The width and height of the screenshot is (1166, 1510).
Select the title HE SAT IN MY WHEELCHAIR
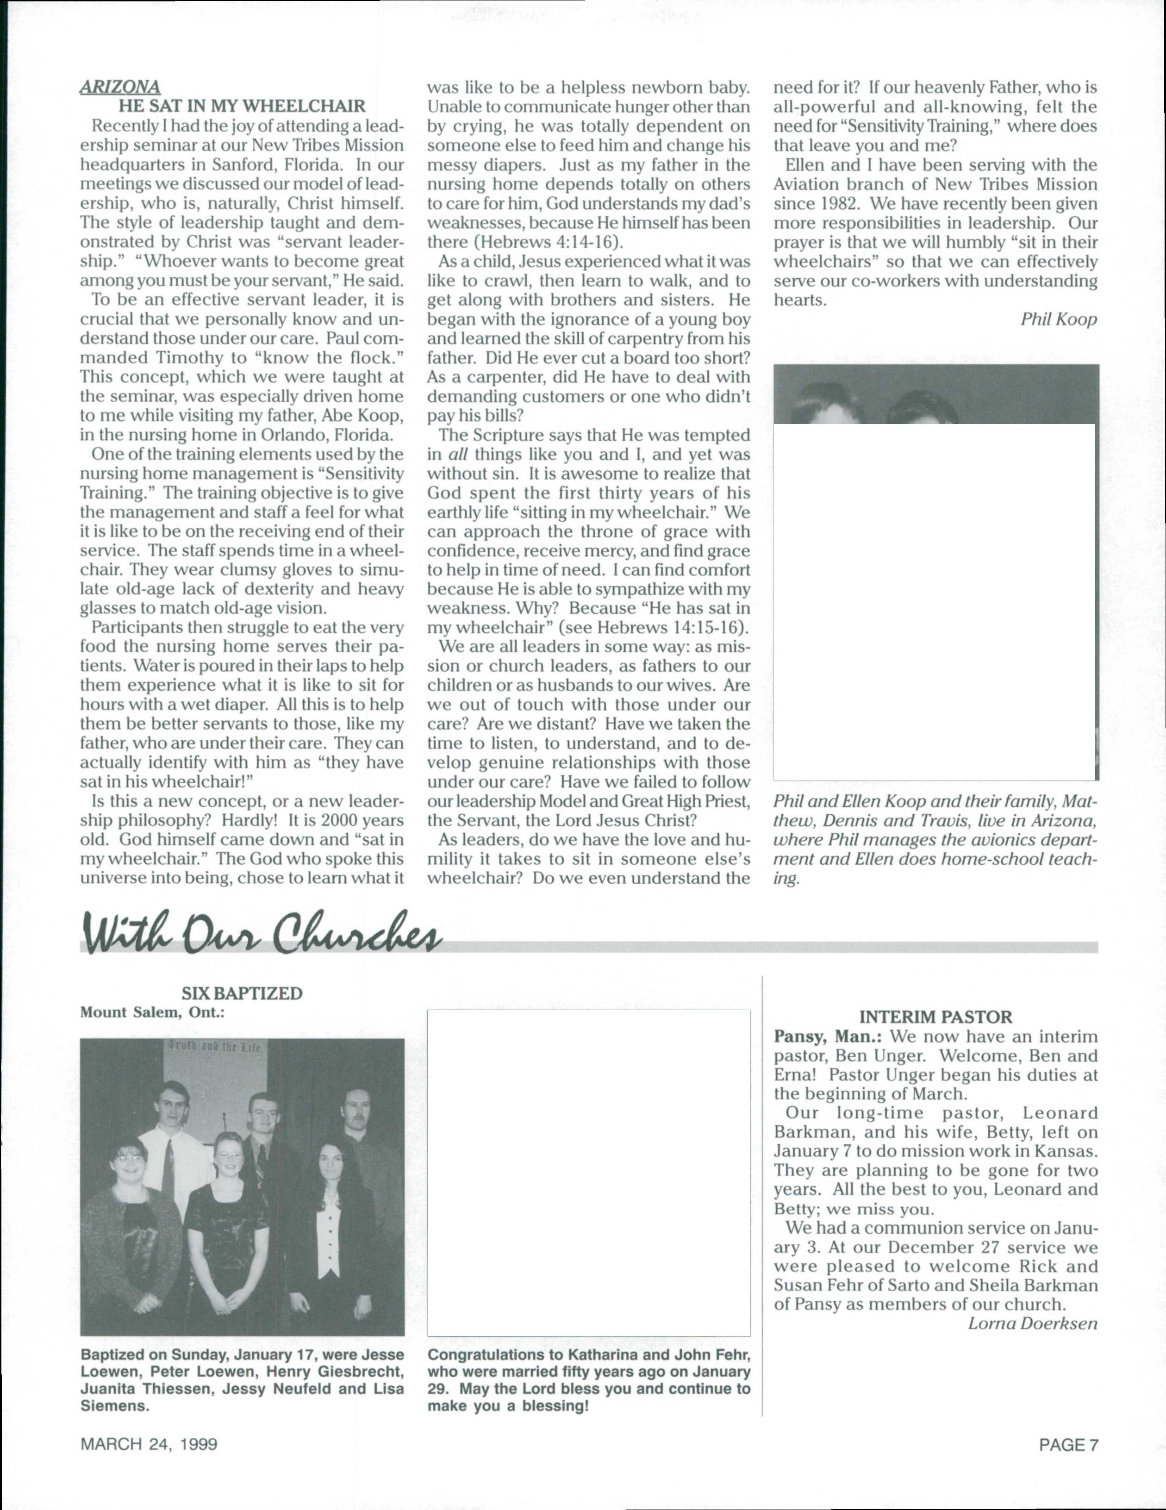242,106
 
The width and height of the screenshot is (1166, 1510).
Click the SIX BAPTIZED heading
242,993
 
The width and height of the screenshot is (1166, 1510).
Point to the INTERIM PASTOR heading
935,1017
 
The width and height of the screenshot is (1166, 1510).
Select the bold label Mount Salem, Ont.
153,1012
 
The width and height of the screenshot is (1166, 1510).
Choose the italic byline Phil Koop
1058,319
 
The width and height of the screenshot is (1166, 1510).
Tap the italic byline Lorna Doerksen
1033,1323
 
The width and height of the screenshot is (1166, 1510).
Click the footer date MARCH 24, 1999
149,1444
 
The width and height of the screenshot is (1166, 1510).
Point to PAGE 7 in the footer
1068,1444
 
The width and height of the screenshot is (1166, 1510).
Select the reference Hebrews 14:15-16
670,628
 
